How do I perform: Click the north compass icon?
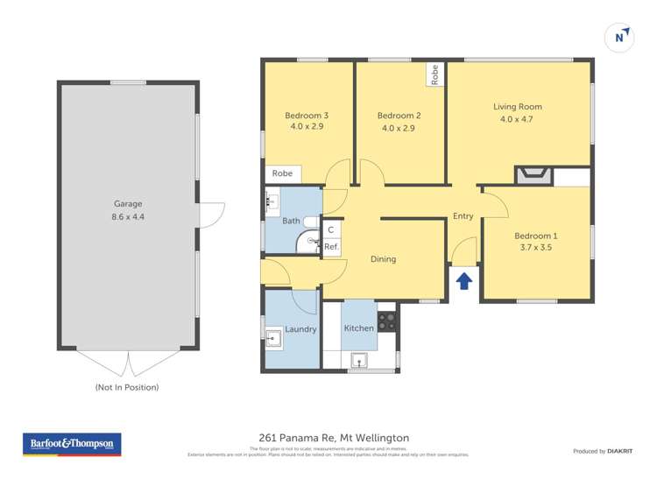[619, 37]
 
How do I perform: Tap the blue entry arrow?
[464, 280]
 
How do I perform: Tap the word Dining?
[383, 259]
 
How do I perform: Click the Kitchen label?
[358, 328]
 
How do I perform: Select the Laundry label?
[300, 329]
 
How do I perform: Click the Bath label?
[291, 222]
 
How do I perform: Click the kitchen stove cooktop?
[386, 321]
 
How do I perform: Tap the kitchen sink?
[358, 360]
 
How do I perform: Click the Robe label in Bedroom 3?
[282, 173]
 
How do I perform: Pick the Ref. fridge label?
[331, 247]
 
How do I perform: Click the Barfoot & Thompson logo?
[72, 444]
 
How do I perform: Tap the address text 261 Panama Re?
[298, 438]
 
